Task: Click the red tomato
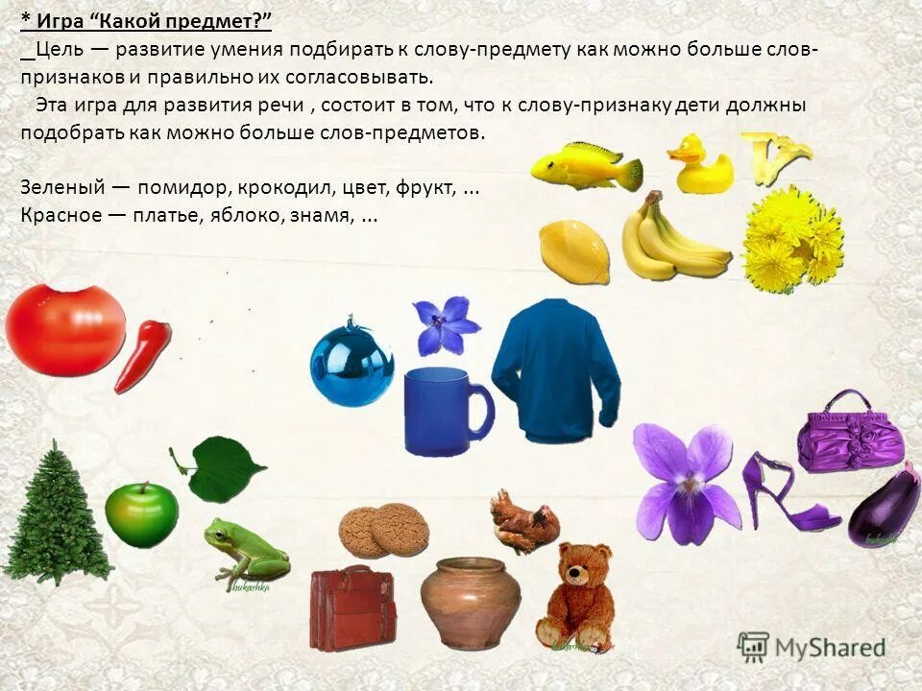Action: [x=65, y=328]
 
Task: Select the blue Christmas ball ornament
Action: [x=352, y=366]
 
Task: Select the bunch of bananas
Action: [x=668, y=240]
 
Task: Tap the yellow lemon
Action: [x=573, y=251]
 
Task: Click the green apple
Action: [x=141, y=513]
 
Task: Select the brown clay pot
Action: [x=471, y=601]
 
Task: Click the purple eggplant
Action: [x=885, y=507]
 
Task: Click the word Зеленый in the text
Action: [x=56, y=188]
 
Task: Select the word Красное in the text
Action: [x=60, y=215]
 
